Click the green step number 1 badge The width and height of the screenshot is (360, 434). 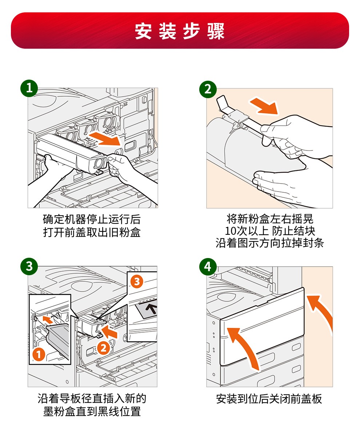(29, 88)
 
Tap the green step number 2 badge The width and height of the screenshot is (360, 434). (208, 89)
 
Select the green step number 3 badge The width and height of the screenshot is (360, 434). (29, 266)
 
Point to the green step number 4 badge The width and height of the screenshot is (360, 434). (208, 266)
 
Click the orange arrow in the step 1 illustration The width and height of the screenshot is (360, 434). (105, 139)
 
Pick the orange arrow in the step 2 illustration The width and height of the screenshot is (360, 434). (264, 106)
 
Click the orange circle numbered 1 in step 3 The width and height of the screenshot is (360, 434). (39, 354)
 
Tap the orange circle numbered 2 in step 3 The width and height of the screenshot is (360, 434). (103, 347)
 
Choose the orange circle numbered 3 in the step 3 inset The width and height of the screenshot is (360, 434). (137, 281)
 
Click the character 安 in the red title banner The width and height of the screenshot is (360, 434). (143, 31)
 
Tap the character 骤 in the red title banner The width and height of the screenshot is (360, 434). (216, 31)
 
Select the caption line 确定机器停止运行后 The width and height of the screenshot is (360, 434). (92, 219)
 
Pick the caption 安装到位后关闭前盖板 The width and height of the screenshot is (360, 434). (269, 399)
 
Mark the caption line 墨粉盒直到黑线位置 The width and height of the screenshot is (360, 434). (92, 411)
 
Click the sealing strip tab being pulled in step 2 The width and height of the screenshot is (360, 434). (225, 105)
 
